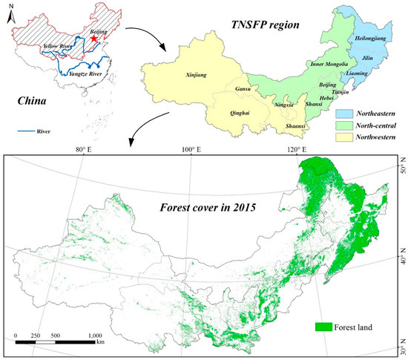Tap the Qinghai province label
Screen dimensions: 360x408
[227, 114]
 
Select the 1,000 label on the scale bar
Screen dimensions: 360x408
[93, 336]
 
